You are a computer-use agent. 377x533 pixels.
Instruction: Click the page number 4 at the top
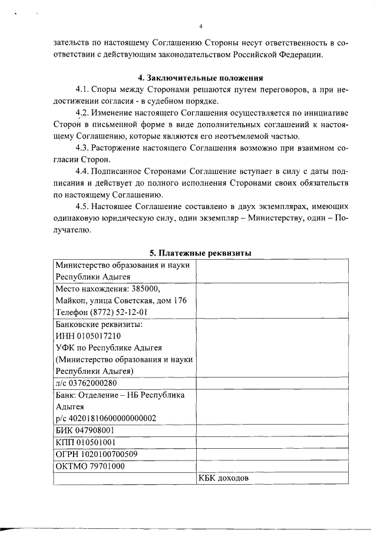(201, 27)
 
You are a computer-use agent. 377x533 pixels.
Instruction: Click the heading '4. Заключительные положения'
(200, 78)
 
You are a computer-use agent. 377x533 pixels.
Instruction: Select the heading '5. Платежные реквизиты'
(200, 253)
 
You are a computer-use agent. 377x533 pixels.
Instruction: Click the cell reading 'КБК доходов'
(224, 478)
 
